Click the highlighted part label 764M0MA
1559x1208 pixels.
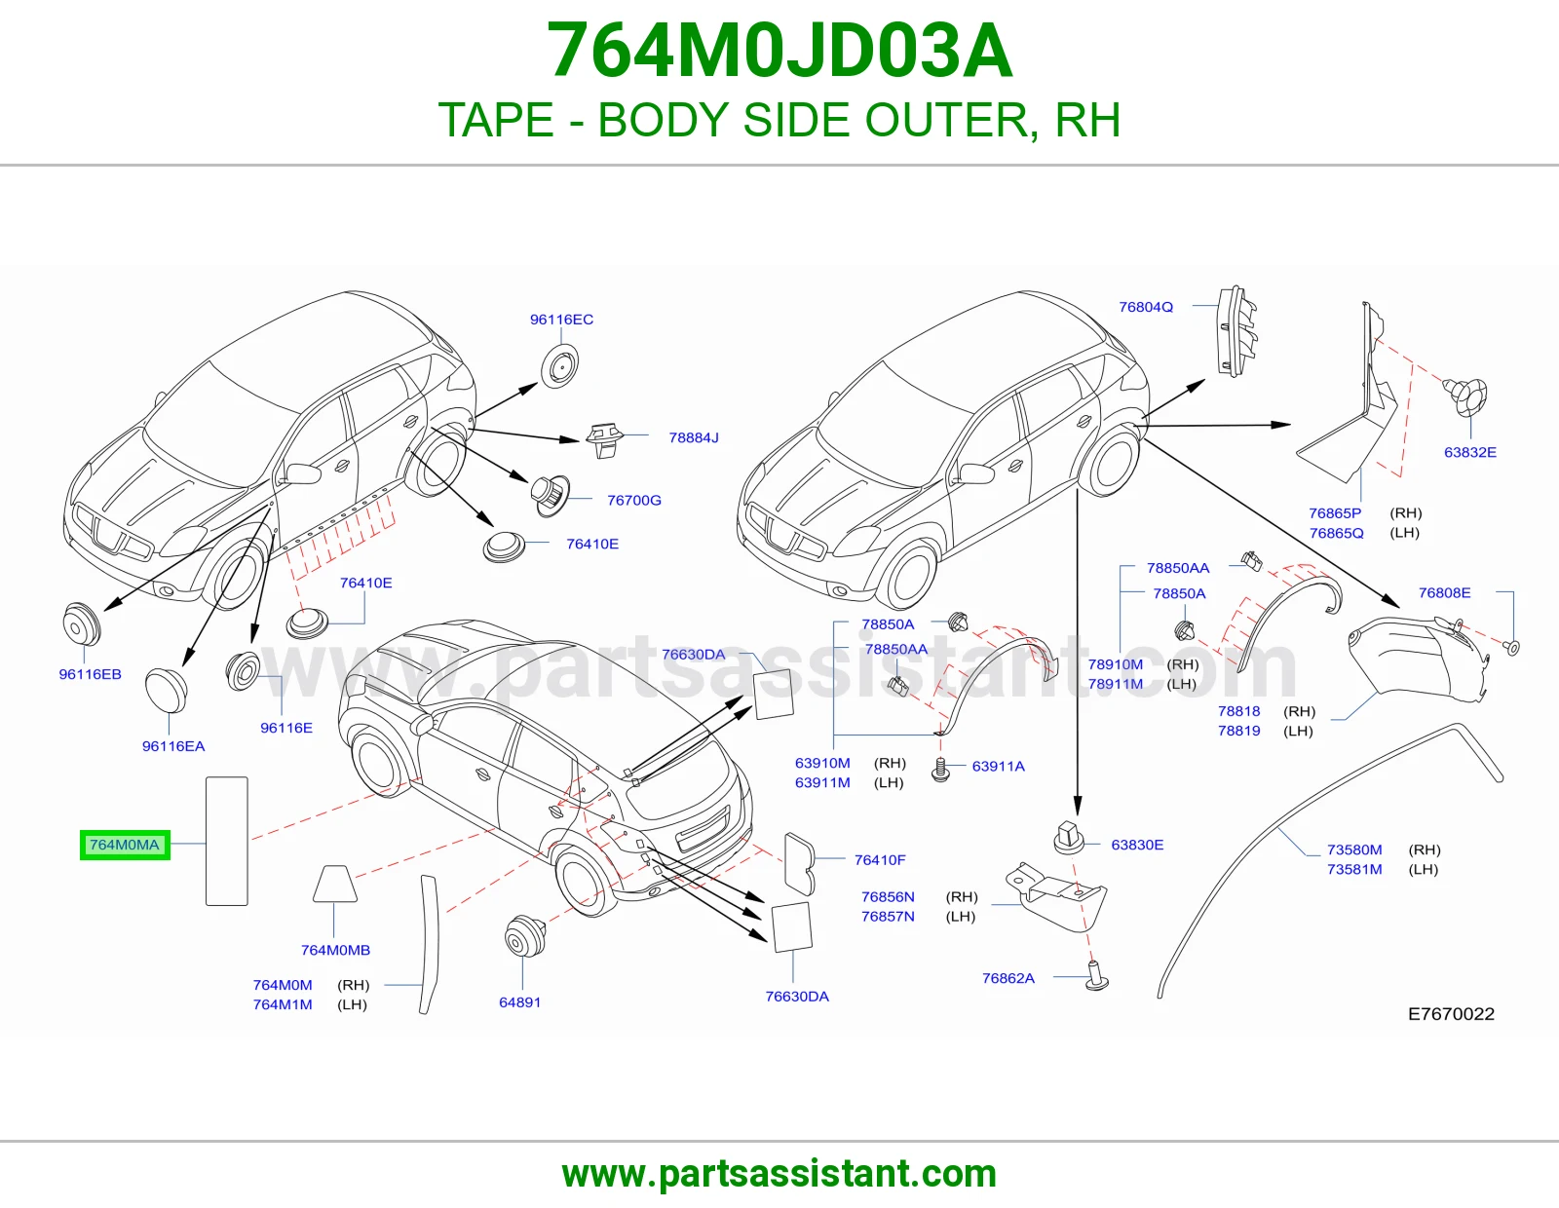125,845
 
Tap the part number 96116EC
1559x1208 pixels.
562,320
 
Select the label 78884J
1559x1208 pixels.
694,437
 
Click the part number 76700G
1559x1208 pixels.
634,500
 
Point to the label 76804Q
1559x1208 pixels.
1146,307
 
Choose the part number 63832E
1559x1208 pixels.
1470,452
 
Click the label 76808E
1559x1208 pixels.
1444,592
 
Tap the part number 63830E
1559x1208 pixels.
1137,845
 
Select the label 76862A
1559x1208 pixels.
1008,978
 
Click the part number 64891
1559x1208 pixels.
520,1002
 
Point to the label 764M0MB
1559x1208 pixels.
336,950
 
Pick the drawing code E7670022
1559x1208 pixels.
1452,1013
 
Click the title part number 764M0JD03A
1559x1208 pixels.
779,51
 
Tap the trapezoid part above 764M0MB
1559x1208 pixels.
335,884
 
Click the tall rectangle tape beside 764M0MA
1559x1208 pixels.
227,841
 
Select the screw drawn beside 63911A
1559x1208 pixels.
940,770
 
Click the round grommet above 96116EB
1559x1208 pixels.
82,624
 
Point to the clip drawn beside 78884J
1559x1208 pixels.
605,439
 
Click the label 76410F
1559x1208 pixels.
880,859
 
